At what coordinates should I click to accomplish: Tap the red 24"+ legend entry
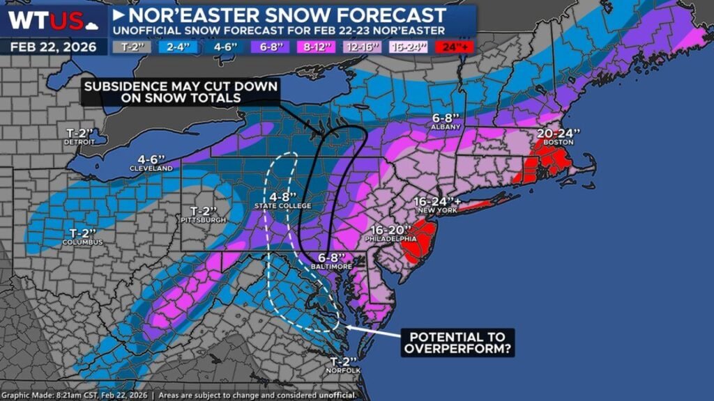[x=454, y=47]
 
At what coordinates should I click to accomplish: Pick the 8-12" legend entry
[x=317, y=47]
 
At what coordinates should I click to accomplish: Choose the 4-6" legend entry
[x=225, y=47]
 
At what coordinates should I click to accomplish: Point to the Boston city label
[x=556, y=143]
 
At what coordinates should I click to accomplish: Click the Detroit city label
[x=80, y=141]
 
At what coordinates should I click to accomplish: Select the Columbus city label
[x=83, y=242]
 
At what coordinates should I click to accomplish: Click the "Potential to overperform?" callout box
[x=457, y=342]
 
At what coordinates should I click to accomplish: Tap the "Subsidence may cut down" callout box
[x=180, y=93]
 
